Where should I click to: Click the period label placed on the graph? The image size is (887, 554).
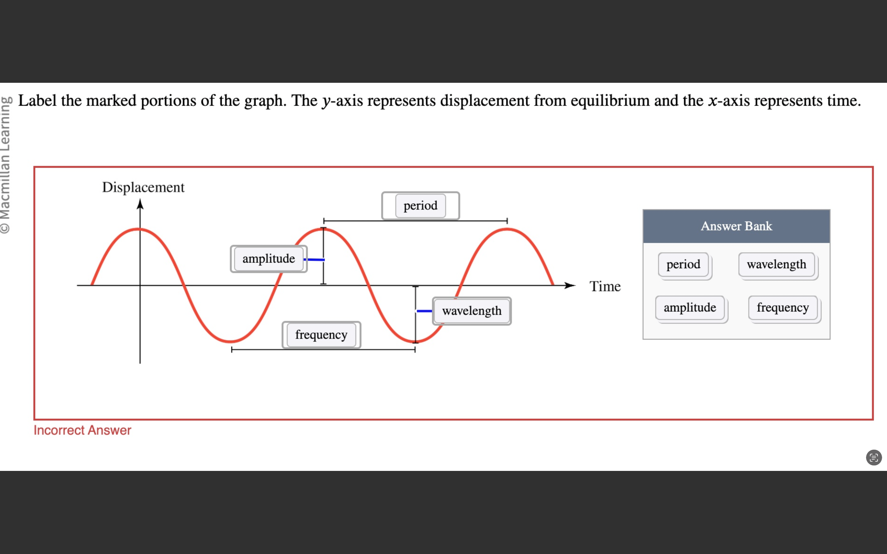click(420, 206)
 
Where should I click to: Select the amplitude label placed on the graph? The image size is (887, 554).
click(269, 259)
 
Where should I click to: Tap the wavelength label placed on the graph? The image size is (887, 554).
click(472, 311)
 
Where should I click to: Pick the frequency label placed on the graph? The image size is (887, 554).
click(321, 335)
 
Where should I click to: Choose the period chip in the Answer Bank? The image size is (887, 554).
click(683, 264)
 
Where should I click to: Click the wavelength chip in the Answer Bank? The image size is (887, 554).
click(776, 264)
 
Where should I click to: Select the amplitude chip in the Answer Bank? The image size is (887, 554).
click(690, 307)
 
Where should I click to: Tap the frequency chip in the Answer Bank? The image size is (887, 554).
click(783, 307)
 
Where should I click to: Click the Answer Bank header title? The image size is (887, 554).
click(736, 226)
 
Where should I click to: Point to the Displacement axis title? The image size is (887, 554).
click(143, 187)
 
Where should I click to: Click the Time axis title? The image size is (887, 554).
click(605, 286)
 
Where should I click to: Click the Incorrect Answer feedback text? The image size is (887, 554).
click(83, 430)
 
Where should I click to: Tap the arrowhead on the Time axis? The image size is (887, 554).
click(570, 285)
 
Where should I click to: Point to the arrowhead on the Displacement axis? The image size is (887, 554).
click(140, 204)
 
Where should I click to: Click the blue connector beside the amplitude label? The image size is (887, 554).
click(315, 259)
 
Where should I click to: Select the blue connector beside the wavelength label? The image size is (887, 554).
click(424, 311)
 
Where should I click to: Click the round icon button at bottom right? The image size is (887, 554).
click(874, 457)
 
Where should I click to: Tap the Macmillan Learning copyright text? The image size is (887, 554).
click(6, 165)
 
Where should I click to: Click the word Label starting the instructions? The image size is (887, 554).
click(37, 100)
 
